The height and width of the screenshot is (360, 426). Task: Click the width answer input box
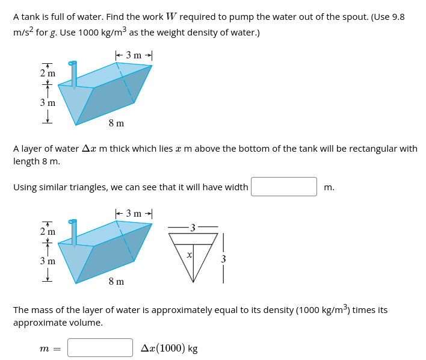click(283, 187)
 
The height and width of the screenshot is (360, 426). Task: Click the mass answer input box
click(100, 347)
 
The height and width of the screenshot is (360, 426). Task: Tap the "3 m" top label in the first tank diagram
click(134, 55)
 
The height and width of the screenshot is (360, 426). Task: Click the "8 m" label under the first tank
click(116, 123)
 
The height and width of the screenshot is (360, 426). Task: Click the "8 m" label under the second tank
click(116, 281)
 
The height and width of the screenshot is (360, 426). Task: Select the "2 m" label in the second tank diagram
click(48, 232)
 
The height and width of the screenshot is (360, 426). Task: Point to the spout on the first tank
click(73, 72)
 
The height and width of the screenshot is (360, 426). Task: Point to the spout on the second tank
click(73, 231)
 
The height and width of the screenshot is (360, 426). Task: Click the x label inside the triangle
click(189, 255)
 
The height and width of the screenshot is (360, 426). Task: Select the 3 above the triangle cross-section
click(192, 227)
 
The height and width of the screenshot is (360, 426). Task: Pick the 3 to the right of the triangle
click(223, 259)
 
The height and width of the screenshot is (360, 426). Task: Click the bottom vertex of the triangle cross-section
click(193, 282)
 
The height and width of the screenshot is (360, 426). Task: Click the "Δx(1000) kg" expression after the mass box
click(169, 348)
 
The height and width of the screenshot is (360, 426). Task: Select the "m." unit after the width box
click(329, 187)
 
